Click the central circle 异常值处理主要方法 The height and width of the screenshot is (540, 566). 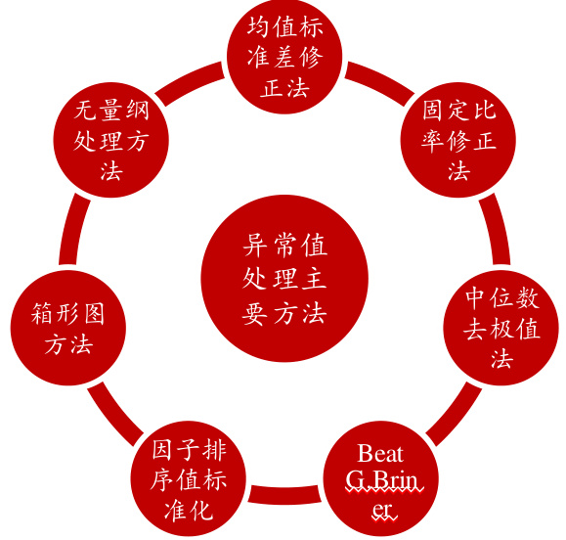[284, 278]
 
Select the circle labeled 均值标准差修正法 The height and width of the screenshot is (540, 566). [284, 56]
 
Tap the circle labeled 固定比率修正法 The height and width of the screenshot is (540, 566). [458, 140]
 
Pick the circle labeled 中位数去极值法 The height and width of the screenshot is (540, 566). [501, 328]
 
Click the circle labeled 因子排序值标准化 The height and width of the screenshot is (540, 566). [189, 478]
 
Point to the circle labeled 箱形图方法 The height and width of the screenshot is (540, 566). [68, 328]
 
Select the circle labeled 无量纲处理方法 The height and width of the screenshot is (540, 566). [111, 140]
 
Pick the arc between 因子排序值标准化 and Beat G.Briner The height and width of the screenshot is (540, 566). [284, 495]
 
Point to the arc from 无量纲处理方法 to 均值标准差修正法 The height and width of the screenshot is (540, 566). [191, 81]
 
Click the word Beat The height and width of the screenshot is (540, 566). [380, 453]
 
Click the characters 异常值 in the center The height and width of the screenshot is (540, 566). [284, 246]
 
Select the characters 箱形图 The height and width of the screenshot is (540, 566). [67, 313]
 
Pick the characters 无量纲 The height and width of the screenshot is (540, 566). [111, 110]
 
